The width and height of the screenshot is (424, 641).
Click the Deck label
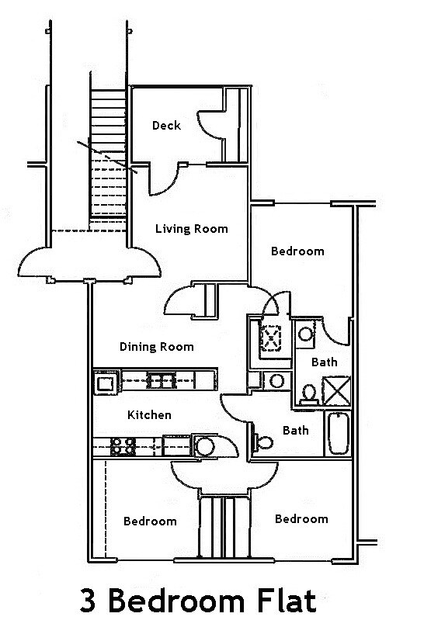pos(166,125)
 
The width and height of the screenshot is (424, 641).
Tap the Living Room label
pos(191,228)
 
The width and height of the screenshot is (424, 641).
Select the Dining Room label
pos(156,346)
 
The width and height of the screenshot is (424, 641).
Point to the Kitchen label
pos(148,415)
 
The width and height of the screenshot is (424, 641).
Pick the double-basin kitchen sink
pos(162,380)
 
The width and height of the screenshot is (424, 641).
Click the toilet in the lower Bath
pos(262,442)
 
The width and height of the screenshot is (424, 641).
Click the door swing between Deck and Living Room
pos(163,180)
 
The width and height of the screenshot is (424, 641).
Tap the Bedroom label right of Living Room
pos(297,251)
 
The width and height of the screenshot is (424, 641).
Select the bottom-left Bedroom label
pos(150,521)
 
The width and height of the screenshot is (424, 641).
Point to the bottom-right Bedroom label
pos(301,518)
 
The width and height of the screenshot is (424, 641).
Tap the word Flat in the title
pos(285,602)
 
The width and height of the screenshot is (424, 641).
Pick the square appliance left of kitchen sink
pos(105,381)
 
